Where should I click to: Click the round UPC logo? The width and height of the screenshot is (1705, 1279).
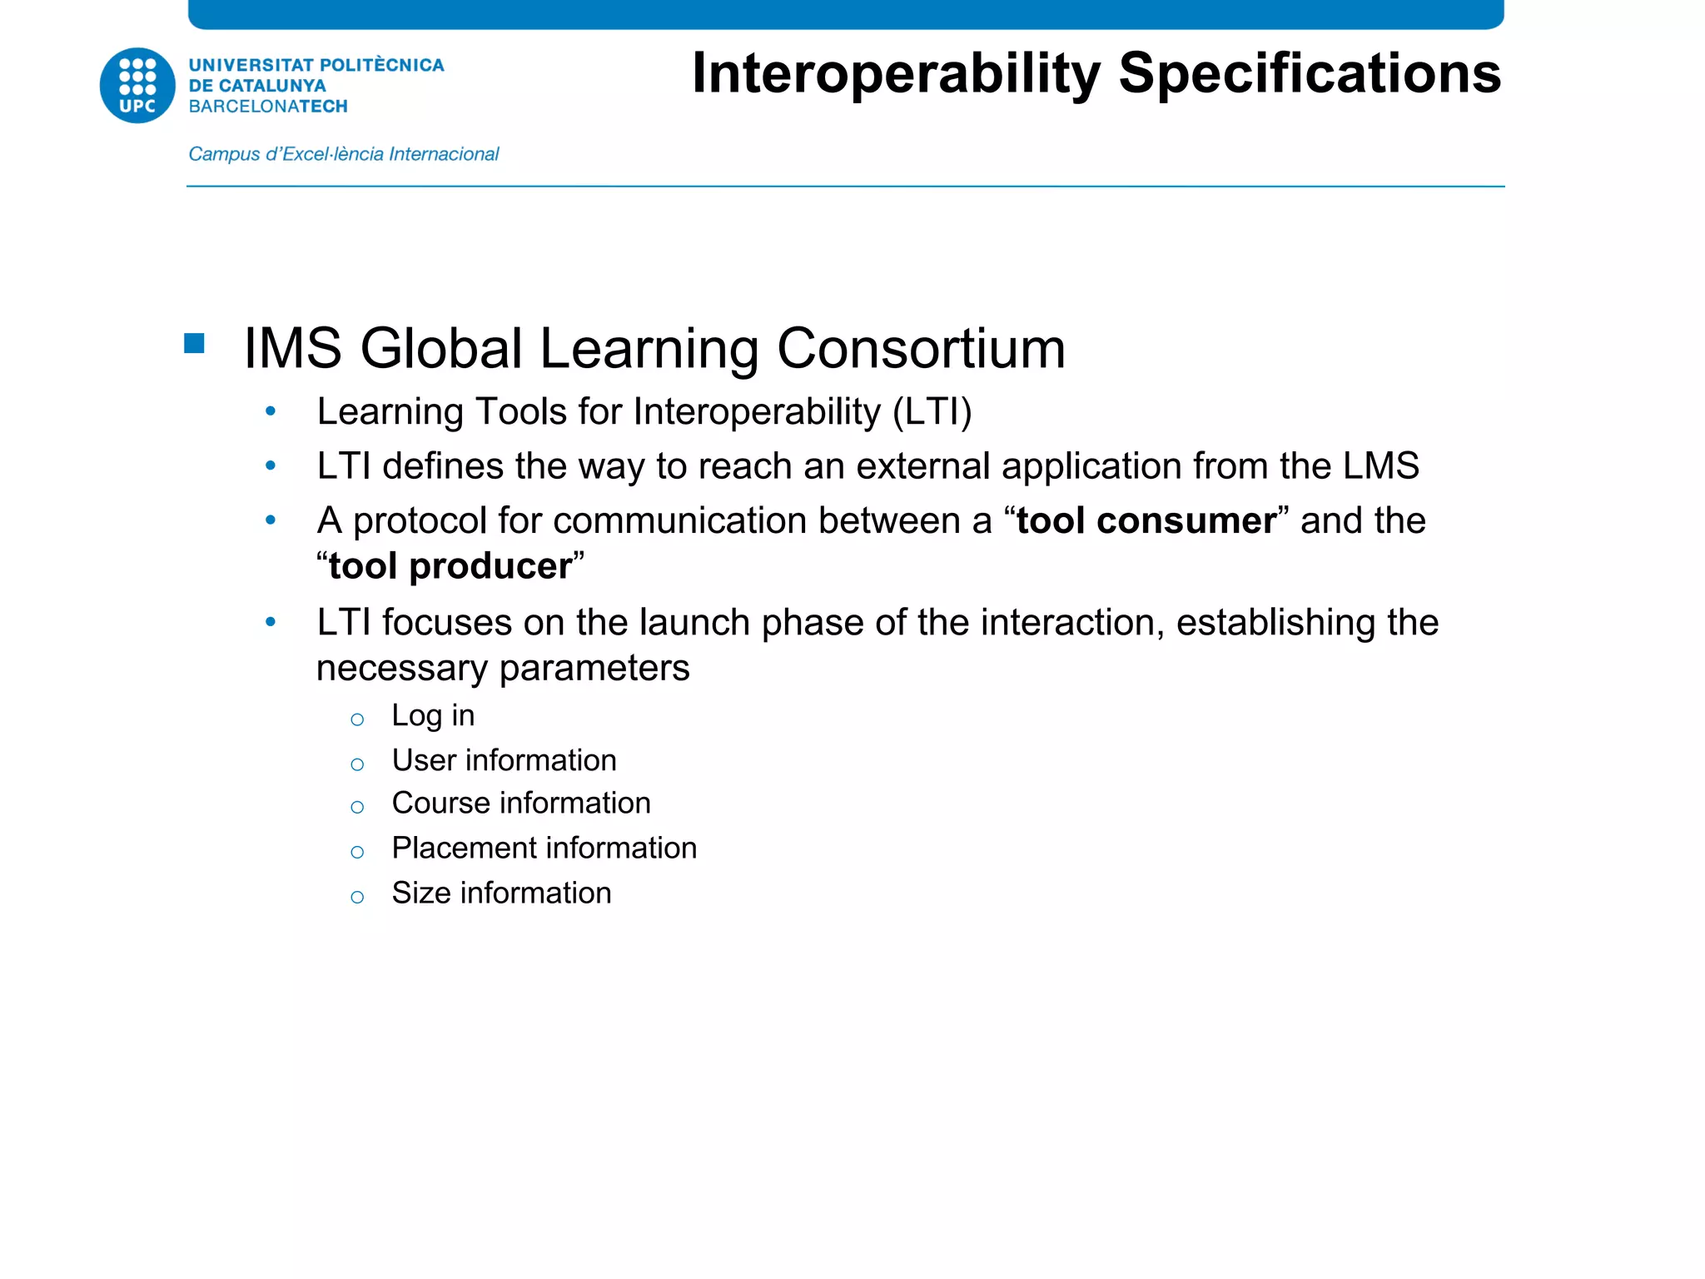pos(137,85)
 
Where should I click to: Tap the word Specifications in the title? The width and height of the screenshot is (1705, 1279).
pos(1310,74)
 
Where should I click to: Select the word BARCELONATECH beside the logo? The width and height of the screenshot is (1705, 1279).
pos(268,107)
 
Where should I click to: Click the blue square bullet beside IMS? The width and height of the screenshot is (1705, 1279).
pos(195,343)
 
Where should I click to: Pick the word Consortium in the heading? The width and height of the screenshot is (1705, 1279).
pos(921,348)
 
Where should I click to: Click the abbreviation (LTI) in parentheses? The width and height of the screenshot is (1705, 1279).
pos(932,411)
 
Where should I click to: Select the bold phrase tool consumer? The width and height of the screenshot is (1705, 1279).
pos(1146,520)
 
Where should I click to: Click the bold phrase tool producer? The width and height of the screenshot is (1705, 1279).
pos(450,566)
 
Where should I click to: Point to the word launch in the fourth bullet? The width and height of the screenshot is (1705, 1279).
pos(694,622)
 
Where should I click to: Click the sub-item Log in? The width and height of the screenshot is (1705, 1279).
pos(433,715)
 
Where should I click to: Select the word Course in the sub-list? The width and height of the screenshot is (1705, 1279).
pos(440,804)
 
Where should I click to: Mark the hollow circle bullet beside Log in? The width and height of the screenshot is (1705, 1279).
pos(357,719)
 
